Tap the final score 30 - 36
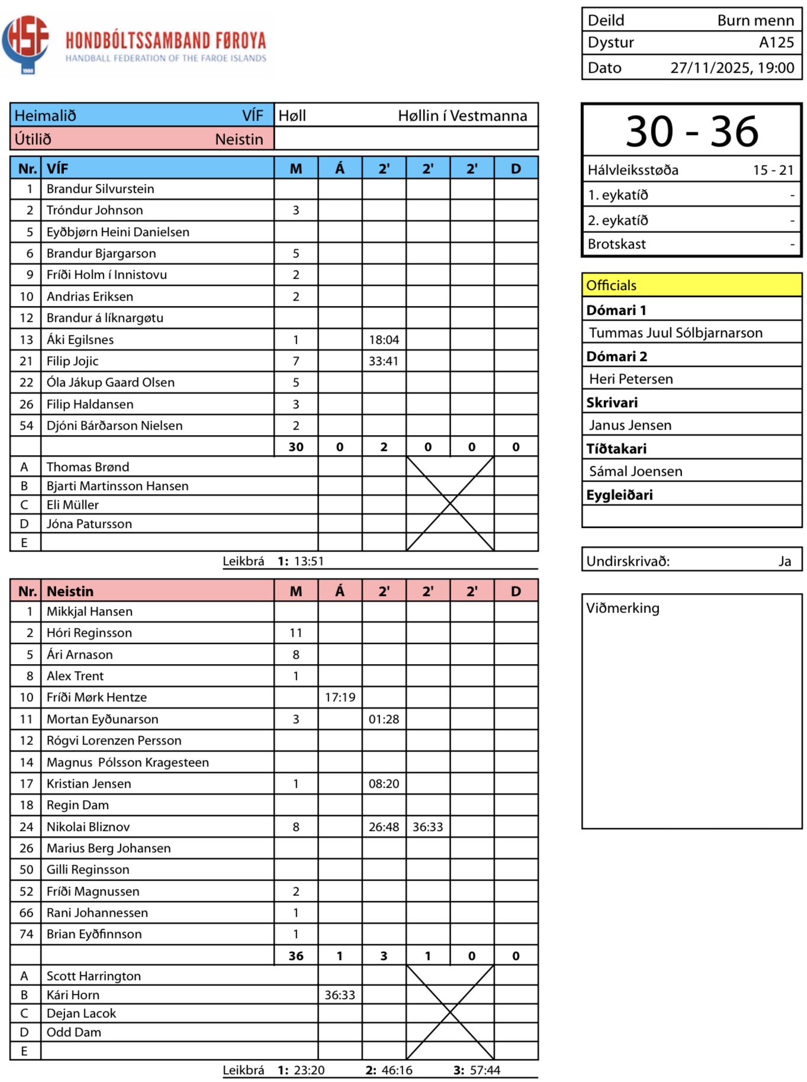coord(692,131)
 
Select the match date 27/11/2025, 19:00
coord(732,68)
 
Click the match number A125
coord(776,43)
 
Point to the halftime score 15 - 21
coord(773,170)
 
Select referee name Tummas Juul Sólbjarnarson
coord(676,333)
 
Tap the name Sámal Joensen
coord(635,471)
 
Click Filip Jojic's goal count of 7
coord(296,361)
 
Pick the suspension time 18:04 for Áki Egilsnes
coord(384,340)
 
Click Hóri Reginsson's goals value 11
coord(296,633)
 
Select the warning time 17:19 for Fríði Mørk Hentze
coord(340,697)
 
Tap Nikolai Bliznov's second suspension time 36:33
coord(427,827)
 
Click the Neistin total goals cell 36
coord(296,956)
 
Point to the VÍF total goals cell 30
coord(296,447)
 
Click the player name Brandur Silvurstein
coord(100,189)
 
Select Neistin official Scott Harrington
coord(94,976)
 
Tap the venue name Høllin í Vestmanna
coord(462,115)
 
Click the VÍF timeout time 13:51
coord(309,561)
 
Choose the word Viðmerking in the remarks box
coord(622,608)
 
